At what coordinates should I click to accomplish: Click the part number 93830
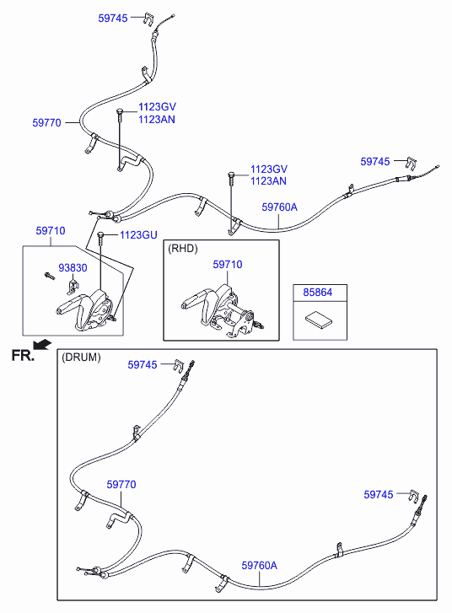[73, 268]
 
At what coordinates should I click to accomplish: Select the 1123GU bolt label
[138, 235]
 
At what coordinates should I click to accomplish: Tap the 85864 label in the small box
[317, 292]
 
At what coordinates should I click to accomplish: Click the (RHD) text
[183, 249]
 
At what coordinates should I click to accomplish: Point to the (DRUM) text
[81, 357]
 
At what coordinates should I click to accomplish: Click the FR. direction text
[23, 355]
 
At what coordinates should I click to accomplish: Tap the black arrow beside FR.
[42, 344]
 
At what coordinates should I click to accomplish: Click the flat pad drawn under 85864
[319, 320]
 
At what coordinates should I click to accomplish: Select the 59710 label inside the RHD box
[228, 265]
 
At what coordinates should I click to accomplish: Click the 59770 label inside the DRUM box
[121, 484]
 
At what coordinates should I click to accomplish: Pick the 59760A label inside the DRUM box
[259, 565]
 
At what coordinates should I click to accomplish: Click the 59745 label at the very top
[113, 18]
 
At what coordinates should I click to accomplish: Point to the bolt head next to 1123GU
[100, 234]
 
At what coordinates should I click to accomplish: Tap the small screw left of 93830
[50, 276]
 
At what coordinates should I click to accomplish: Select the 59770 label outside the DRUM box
[47, 123]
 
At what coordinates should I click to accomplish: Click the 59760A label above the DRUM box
[280, 207]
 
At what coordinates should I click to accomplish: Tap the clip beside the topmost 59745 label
[148, 19]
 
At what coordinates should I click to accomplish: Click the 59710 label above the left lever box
[51, 231]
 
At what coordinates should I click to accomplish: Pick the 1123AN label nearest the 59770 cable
[157, 120]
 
